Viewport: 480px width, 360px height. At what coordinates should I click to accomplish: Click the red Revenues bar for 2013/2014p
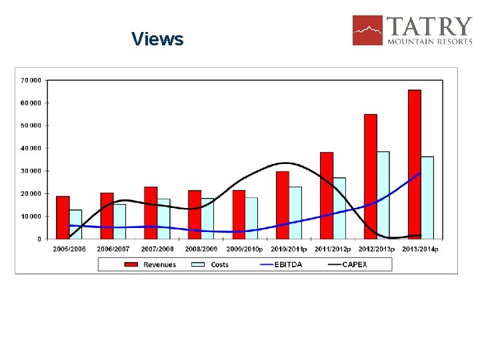click(x=415, y=164)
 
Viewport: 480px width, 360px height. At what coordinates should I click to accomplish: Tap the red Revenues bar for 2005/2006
click(x=63, y=217)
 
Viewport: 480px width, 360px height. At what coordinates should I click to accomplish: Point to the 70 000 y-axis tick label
click(x=31, y=80)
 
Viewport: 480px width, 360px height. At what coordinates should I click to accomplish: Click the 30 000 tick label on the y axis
click(x=31, y=171)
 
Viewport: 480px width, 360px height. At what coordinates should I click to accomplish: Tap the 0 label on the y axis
click(x=39, y=239)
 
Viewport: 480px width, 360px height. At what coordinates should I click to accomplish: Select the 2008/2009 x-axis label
click(x=201, y=249)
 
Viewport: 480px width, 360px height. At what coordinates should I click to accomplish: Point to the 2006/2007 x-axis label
click(x=113, y=249)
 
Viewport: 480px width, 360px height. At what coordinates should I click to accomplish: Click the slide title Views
click(x=157, y=39)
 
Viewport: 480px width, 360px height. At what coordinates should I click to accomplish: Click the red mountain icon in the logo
click(x=368, y=30)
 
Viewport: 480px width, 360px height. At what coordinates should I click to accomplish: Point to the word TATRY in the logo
click(x=429, y=26)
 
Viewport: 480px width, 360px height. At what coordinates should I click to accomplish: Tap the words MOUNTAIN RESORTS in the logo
click(x=429, y=41)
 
